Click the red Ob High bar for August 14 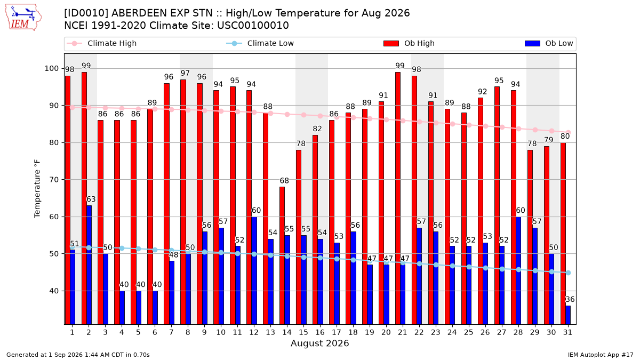coord(282,255)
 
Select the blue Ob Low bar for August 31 coord(568,315)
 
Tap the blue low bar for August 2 coord(89,265)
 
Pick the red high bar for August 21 coord(398,198)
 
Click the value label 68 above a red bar coord(284,181)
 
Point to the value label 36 coord(570,299)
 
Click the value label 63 coord(91,199)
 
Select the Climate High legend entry coord(101,43)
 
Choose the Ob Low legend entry coord(549,43)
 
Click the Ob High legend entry coord(409,43)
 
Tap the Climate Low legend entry coord(260,43)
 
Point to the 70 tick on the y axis coord(54,180)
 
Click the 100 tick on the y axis coord(51,69)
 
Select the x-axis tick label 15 coord(303,332)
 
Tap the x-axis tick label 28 coord(518,332)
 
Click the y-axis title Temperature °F coord(37,189)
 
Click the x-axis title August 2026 coord(319,343)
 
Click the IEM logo coord(23,18)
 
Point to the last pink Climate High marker coord(569,133)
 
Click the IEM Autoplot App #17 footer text coord(601,355)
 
